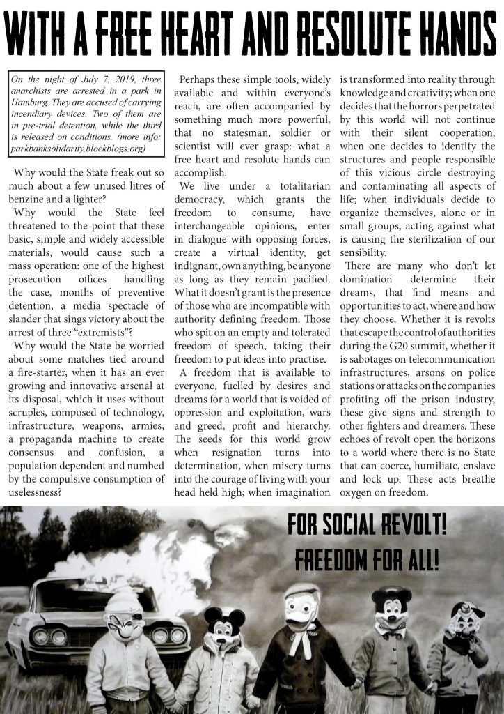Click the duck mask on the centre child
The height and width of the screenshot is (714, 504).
tap(301, 608)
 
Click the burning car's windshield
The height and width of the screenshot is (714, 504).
tap(77, 597)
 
